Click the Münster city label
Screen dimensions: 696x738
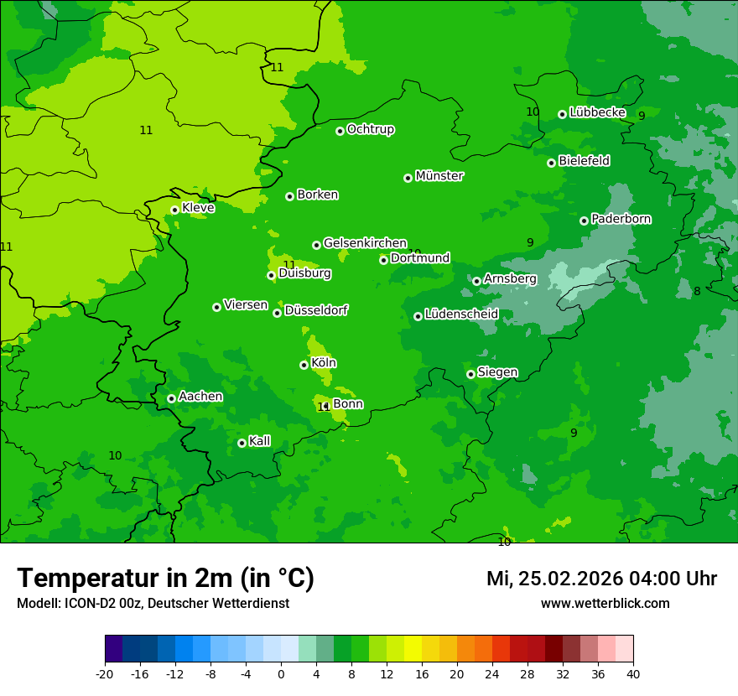439,176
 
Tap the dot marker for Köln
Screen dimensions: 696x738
304,365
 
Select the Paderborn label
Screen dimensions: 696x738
621,219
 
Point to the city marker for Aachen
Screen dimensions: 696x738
171,398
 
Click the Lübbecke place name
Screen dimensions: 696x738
597,112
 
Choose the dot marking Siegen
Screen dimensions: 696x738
470,374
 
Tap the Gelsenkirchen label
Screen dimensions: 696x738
365,243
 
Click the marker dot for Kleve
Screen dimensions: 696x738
174,210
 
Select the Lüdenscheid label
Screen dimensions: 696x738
461,314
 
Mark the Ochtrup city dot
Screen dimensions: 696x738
340,131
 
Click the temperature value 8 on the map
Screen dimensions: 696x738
697,291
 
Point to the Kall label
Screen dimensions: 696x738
260,441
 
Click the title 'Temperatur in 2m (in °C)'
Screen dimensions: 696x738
165,578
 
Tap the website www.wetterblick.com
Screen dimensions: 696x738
605,604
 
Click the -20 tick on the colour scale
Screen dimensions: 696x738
105,673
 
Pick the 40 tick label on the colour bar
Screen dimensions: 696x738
633,673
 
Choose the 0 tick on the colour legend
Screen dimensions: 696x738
281,673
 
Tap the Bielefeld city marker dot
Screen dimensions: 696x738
551,163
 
